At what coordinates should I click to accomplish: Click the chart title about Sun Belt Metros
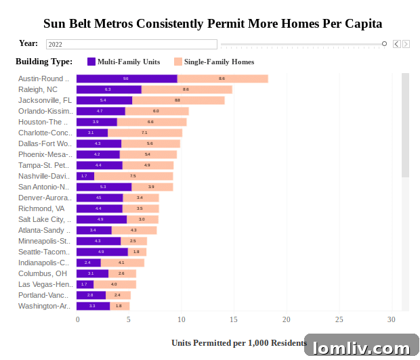coord(213,24)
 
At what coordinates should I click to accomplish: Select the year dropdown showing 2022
coord(131,44)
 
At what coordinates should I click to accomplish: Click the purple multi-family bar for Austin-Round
coord(127,78)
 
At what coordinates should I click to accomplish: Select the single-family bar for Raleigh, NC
coord(186,89)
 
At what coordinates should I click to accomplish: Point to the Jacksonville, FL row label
coord(45,100)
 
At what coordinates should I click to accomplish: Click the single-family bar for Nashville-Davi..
coord(133,176)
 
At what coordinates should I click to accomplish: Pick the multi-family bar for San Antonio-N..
coord(104,187)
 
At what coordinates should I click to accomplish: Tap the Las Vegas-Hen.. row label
coord(45,284)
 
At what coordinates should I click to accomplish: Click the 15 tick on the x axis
coord(234,319)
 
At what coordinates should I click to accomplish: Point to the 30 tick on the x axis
coord(391,319)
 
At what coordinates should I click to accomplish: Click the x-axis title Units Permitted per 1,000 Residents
coord(238,343)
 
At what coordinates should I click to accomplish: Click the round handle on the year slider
coord(384,44)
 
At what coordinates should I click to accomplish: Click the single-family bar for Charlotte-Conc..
coord(145,133)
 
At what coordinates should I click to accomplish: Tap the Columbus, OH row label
coord(43,273)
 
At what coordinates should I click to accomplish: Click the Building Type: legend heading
coord(44,62)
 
